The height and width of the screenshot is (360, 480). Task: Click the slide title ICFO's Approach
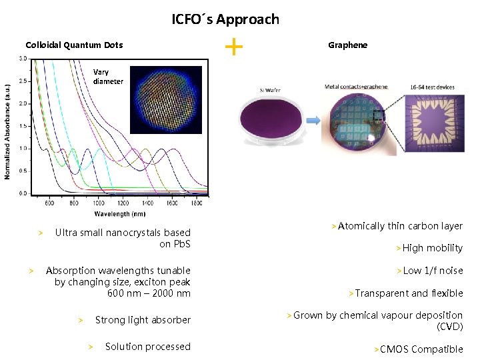pos(225,19)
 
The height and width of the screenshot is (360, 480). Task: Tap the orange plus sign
pos(233,46)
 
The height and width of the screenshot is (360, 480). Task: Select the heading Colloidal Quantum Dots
pos(74,45)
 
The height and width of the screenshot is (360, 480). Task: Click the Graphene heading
pos(347,45)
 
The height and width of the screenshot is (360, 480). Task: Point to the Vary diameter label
pos(108,77)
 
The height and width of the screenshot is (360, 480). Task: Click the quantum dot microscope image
pos(165,99)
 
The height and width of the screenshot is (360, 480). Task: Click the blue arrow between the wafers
pos(313,119)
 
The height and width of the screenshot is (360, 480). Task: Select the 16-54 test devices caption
pos(431,87)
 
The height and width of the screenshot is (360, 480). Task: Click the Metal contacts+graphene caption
pos(355,87)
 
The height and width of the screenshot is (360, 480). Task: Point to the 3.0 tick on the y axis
pos(23,59)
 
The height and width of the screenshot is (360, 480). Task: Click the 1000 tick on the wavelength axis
pos(98,203)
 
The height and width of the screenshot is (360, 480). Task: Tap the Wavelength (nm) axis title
pos(119,214)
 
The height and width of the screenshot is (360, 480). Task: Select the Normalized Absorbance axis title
pos(7,131)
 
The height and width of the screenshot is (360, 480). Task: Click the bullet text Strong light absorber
pos(143,320)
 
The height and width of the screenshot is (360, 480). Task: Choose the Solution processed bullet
pos(147,347)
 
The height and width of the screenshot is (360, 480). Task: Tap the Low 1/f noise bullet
pos(433,271)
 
